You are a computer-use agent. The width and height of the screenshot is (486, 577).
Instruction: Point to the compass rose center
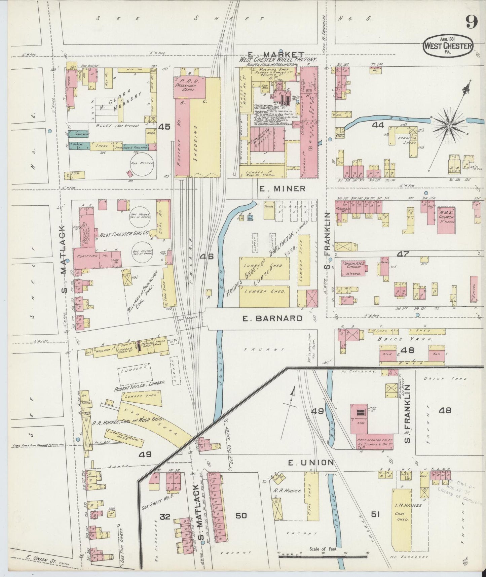click(x=449, y=126)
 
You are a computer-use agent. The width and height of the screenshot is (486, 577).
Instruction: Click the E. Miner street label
click(x=282, y=189)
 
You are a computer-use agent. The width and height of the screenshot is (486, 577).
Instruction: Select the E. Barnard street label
click(x=272, y=318)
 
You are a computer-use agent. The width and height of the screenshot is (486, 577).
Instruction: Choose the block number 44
click(x=378, y=125)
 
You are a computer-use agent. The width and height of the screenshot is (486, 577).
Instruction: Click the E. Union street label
click(x=311, y=462)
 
